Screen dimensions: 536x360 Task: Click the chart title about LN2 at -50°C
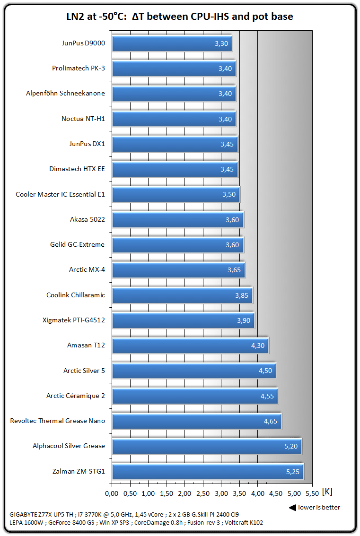point(180,17)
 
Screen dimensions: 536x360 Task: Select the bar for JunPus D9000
point(172,43)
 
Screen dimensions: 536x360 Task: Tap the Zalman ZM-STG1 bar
point(207,471)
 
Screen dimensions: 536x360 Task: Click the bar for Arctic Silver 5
point(193,371)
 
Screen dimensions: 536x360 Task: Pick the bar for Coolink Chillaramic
point(182,295)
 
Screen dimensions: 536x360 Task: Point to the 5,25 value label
point(293,471)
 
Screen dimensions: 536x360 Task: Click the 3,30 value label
point(221,43)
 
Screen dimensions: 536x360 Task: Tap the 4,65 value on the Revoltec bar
point(271,421)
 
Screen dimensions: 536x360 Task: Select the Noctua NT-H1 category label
point(83,119)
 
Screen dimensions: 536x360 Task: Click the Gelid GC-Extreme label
point(77,244)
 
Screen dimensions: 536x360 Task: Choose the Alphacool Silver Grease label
point(69,446)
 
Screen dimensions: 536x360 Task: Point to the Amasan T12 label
point(86,345)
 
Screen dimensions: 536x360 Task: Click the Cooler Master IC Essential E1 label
point(60,194)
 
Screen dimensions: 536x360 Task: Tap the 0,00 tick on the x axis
point(112,494)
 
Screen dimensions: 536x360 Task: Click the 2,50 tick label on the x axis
point(202,494)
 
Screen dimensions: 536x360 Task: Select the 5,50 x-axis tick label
point(312,494)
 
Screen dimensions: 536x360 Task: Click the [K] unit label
point(327,492)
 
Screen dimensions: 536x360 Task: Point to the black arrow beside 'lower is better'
point(292,508)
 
